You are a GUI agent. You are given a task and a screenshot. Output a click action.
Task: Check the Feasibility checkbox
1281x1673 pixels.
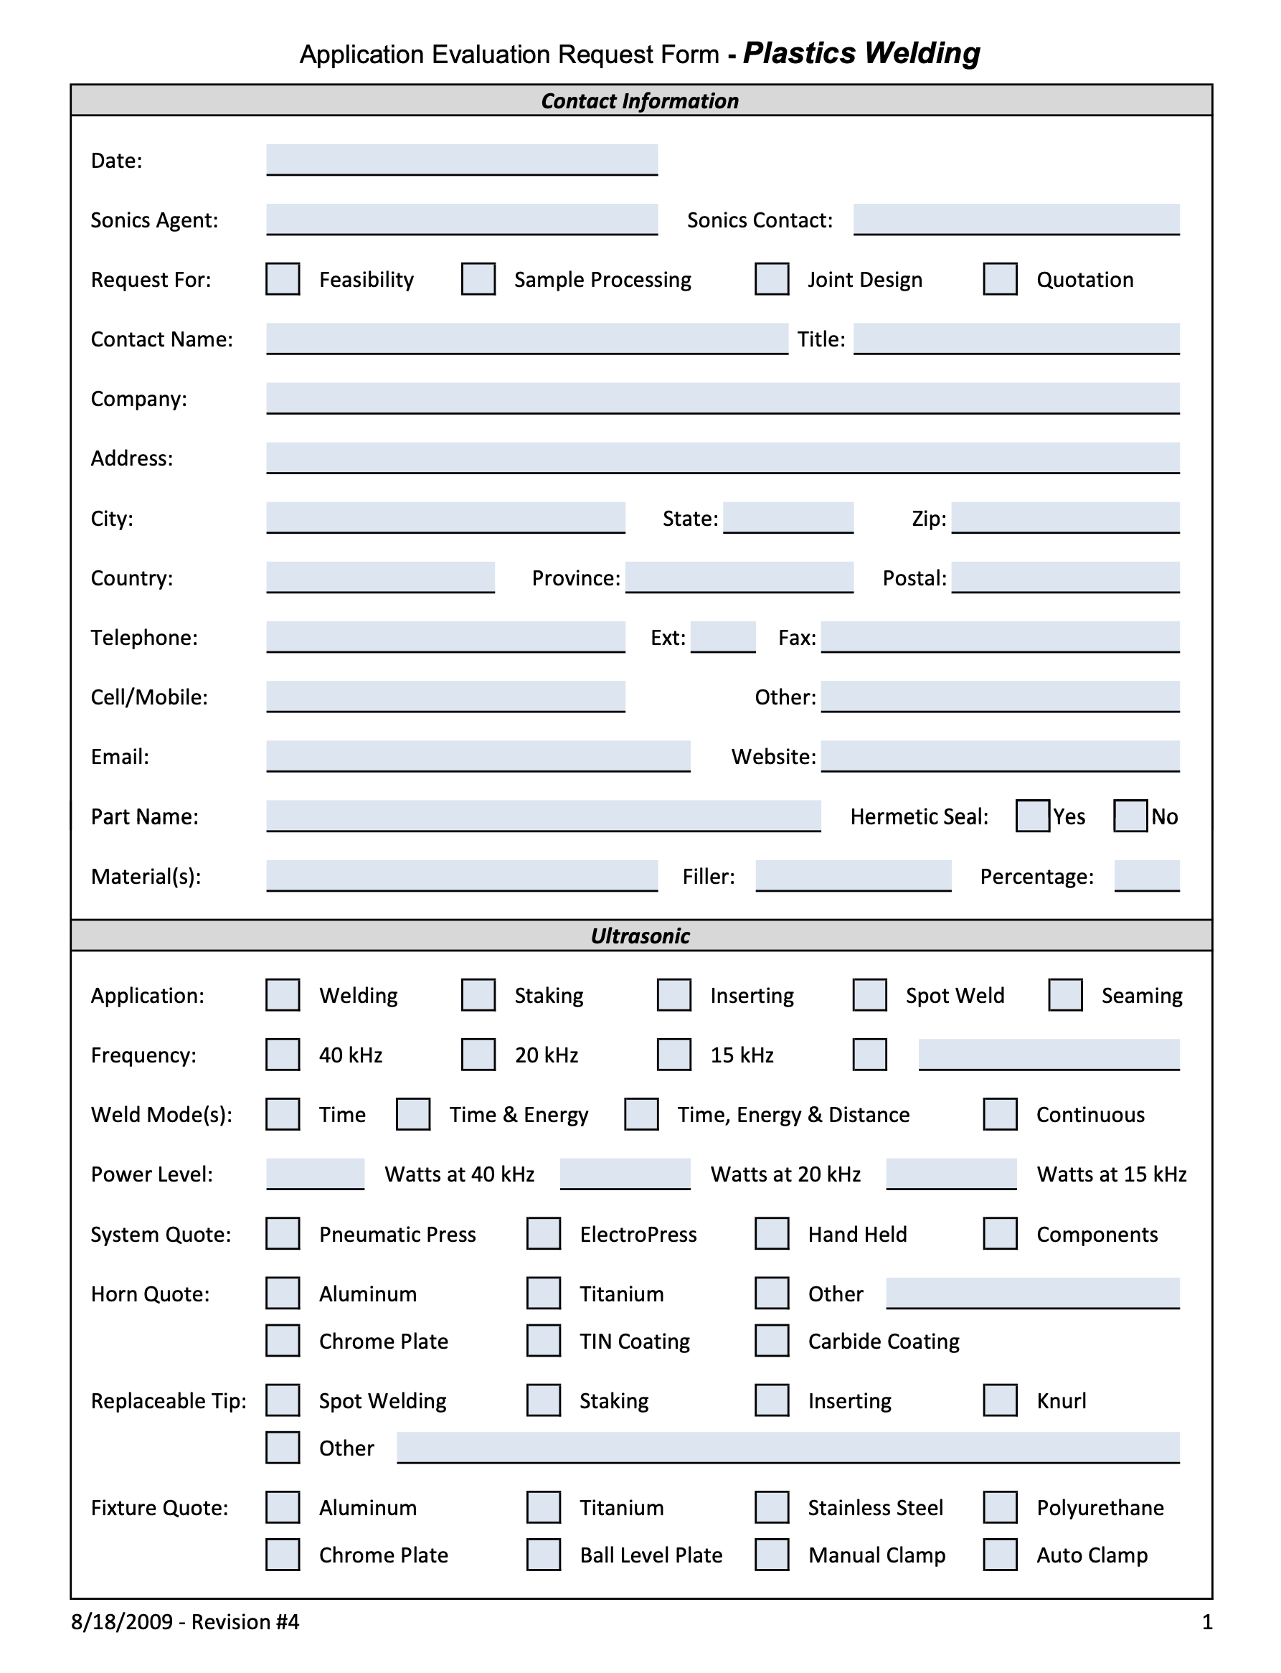(x=282, y=279)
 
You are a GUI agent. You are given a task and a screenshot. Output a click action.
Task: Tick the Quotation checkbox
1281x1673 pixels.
(x=1000, y=279)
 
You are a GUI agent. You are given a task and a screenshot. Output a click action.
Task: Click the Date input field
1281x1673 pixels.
(x=461, y=159)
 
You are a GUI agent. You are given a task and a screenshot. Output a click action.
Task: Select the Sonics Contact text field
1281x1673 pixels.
(x=1016, y=219)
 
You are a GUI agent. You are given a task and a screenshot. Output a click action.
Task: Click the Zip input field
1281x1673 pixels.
(x=1065, y=517)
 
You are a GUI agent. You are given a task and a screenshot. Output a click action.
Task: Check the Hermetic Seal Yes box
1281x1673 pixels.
(x=1032, y=815)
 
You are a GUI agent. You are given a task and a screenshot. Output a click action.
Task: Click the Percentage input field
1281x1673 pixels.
(x=1146, y=875)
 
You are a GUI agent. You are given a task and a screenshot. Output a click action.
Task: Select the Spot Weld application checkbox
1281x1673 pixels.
(x=869, y=994)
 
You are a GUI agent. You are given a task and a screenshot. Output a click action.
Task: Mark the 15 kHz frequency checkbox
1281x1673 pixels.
(x=674, y=1054)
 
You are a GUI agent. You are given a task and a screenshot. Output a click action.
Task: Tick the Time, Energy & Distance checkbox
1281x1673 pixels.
(x=641, y=1114)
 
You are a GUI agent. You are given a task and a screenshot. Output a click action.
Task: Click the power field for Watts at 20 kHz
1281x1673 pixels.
(x=625, y=1173)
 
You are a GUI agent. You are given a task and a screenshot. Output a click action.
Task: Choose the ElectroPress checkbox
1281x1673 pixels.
(x=544, y=1233)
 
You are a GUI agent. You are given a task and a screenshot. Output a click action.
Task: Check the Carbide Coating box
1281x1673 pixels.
(x=772, y=1341)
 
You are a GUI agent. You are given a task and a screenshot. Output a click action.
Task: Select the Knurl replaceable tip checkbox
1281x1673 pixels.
(x=1000, y=1400)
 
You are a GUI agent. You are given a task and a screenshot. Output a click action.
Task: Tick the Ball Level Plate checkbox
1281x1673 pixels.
(x=544, y=1554)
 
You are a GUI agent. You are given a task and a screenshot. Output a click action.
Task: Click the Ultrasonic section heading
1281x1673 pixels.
(x=640, y=936)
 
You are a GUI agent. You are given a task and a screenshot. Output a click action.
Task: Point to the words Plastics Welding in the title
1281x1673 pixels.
(x=861, y=53)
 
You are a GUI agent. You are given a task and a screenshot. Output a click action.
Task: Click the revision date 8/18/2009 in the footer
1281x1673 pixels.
(x=122, y=1622)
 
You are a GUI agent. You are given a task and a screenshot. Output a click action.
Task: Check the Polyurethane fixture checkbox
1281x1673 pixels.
(x=1000, y=1507)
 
